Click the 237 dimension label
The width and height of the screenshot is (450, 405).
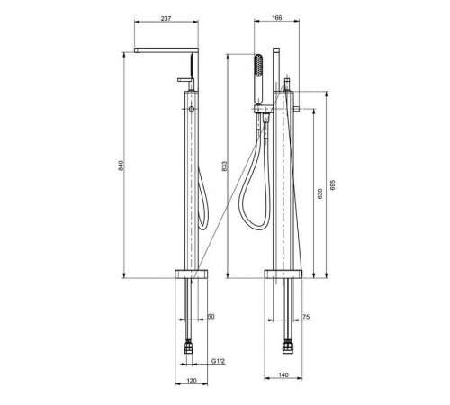166,18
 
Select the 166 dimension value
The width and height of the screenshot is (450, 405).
276,18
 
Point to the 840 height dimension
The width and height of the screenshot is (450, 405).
121,166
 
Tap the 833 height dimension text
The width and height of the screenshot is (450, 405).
225,166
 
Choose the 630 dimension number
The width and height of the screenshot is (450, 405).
319,193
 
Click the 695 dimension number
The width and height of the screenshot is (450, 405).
332,184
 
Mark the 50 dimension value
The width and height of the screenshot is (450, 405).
211,317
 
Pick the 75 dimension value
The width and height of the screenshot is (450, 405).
306,317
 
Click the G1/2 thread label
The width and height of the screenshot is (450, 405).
218,361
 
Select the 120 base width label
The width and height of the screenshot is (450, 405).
192,381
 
